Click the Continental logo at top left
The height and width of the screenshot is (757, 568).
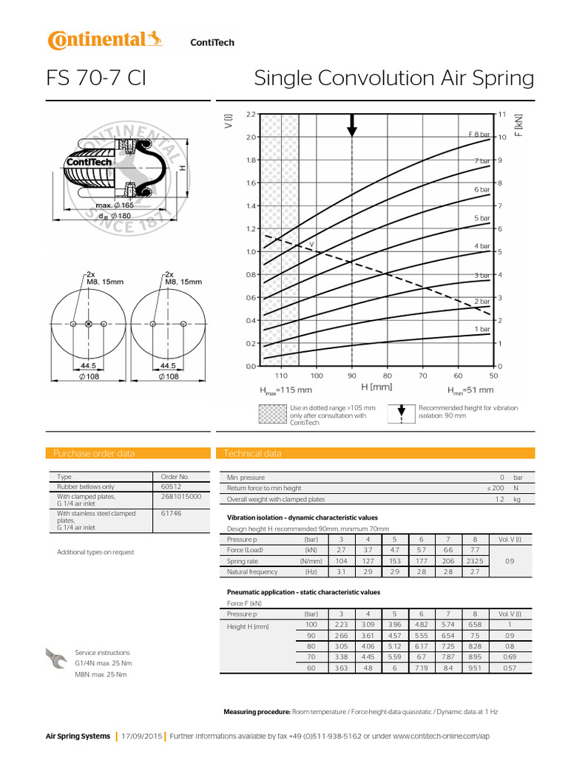tap(104, 41)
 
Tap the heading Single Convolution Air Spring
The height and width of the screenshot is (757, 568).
tap(393, 78)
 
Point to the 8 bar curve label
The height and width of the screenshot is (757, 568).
tap(479, 133)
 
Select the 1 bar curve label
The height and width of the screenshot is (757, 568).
tap(481, 328)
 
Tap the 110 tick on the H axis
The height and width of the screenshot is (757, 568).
tap(281, 376)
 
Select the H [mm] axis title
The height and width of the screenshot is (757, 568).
tap(376, 387)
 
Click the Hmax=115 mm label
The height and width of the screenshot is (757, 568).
tap(285, 390)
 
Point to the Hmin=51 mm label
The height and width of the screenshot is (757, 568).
tap(470, 390)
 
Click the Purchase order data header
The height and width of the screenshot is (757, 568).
tap(95, 453)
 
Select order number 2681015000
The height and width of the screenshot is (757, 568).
tap(180, 497)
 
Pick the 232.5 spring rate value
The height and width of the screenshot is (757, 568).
tap(475, 561)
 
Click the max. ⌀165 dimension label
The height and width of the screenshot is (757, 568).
tap(113, 205)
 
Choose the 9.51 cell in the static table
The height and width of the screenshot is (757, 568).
tap(475, 668)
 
